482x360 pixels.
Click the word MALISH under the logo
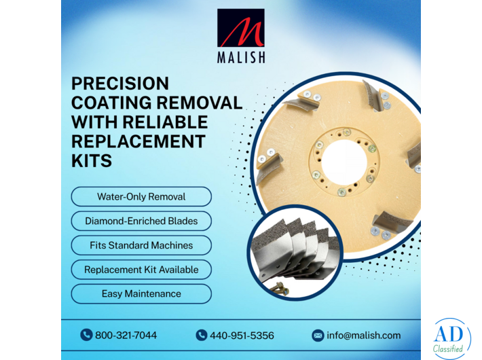[x=241, y=57]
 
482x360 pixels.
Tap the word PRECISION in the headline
[x=120, y=84]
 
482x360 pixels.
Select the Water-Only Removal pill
[x=141, y=197]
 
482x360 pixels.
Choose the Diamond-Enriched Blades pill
[x=141, y=221]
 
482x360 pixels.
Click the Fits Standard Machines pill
[x=141, y=245]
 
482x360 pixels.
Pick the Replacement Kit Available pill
[x=141, y=270]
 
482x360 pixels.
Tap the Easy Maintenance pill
[x=141, y=294]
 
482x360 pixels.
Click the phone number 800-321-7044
[x=126, y=336]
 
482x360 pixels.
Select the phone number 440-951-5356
[x=242, y=336]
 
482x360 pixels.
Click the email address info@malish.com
[x=364, y=336]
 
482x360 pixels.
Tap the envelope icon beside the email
[x=318, y=336]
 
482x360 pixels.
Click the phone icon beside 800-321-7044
[x=86, y=335]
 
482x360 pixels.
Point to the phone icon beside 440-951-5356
[x=201, y=335]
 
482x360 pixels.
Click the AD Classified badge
[x=451, y=338]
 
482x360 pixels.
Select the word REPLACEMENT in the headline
[x=138, y=142]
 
